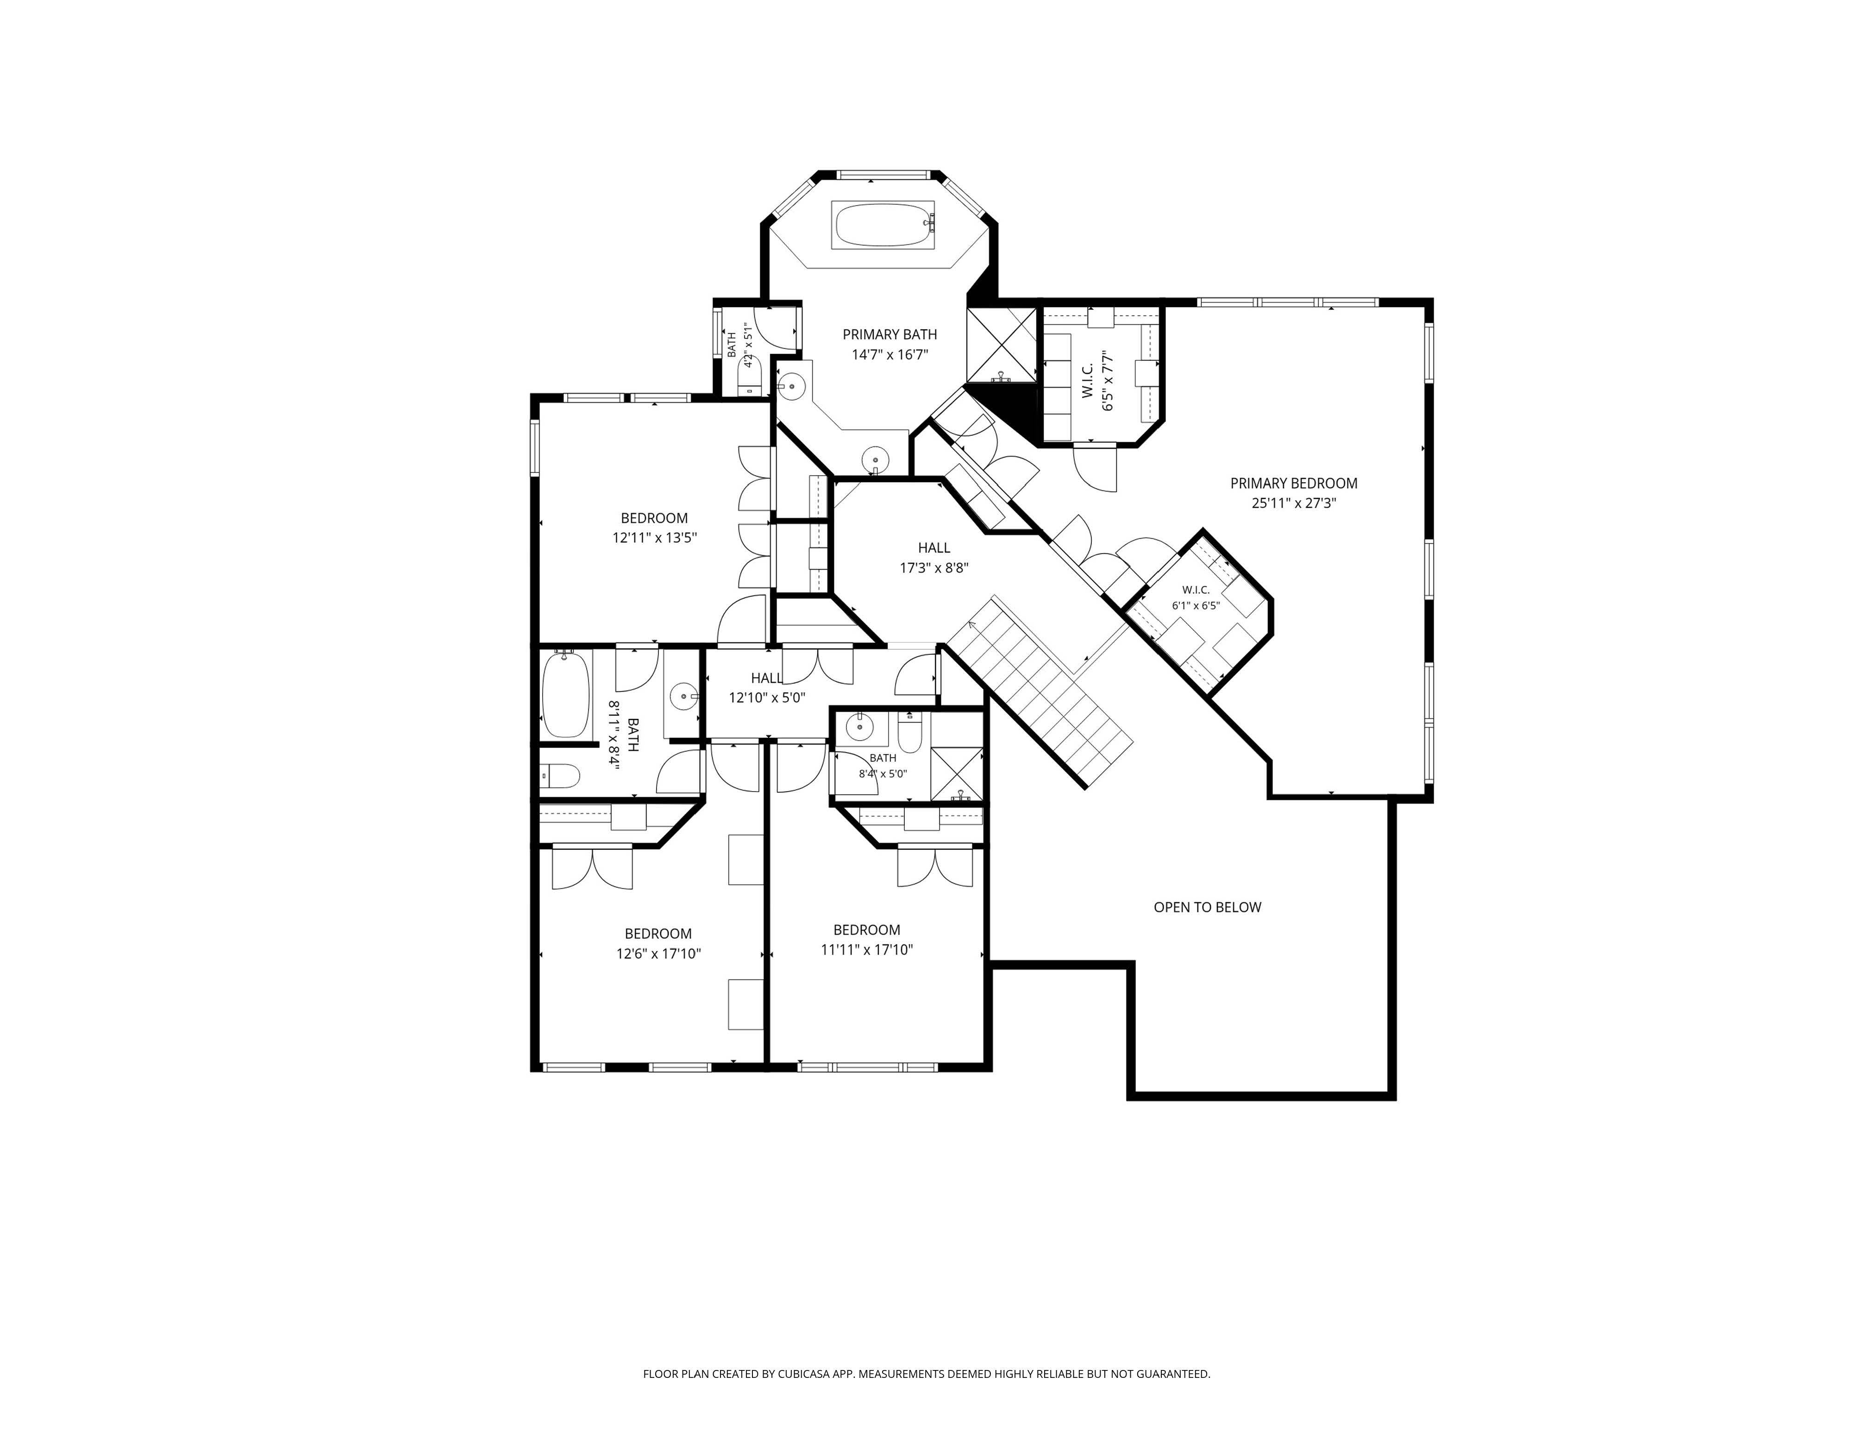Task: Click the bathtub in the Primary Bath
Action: pos(883,225)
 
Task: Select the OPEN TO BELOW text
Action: pos(1207,907)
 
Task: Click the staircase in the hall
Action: pos(1040,692)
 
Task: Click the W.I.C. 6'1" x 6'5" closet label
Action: pos(1195,597)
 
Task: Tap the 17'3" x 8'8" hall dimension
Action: pos(934,568)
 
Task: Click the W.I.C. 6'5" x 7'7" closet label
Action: pos(1097,382)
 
